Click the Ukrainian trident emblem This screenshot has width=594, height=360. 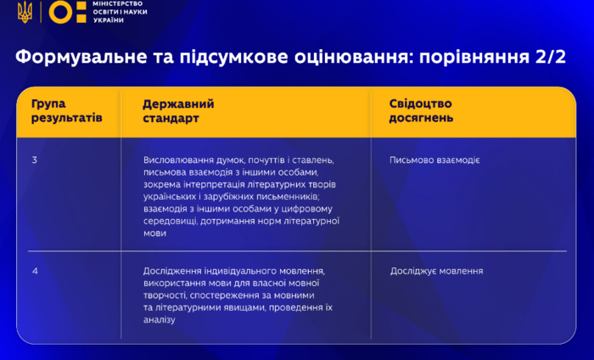pyautogui.click(x=25, y=12)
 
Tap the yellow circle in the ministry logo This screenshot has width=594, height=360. pyautogui.click(x=60, y=12)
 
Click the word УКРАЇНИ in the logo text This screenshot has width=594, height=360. pyautogui.click(x=109, y=20)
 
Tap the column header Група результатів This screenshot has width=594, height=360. pyautogui.click(x=67, y=110)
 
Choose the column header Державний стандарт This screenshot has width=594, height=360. pyautogui.click(x=178, y=111)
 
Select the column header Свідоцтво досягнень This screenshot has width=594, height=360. pyautogui.click(x=421, y=110)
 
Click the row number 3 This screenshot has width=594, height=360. pyautogui.click(x=35, y=160)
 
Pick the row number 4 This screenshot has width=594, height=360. pyautogui.click(x=35, y=271)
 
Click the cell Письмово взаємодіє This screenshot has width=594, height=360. pyautogui.click(x=434, y=160)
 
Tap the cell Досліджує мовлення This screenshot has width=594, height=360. pyautogui.click(x=436, y=271)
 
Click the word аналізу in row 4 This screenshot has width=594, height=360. pyautogui.click(x=160, y=319)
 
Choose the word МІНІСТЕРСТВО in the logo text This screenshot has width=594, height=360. pyautogui.click(x=117, y=3)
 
